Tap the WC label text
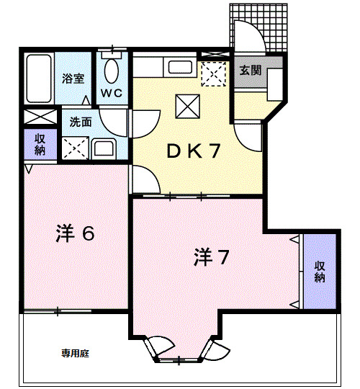tap(111, 93)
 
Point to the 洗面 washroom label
tap(80, 122)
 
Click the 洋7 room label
tap(212, 256)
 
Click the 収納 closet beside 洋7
tap(319, 271)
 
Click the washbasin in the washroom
tap(103, 149)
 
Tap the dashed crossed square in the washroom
tap(74, 148)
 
